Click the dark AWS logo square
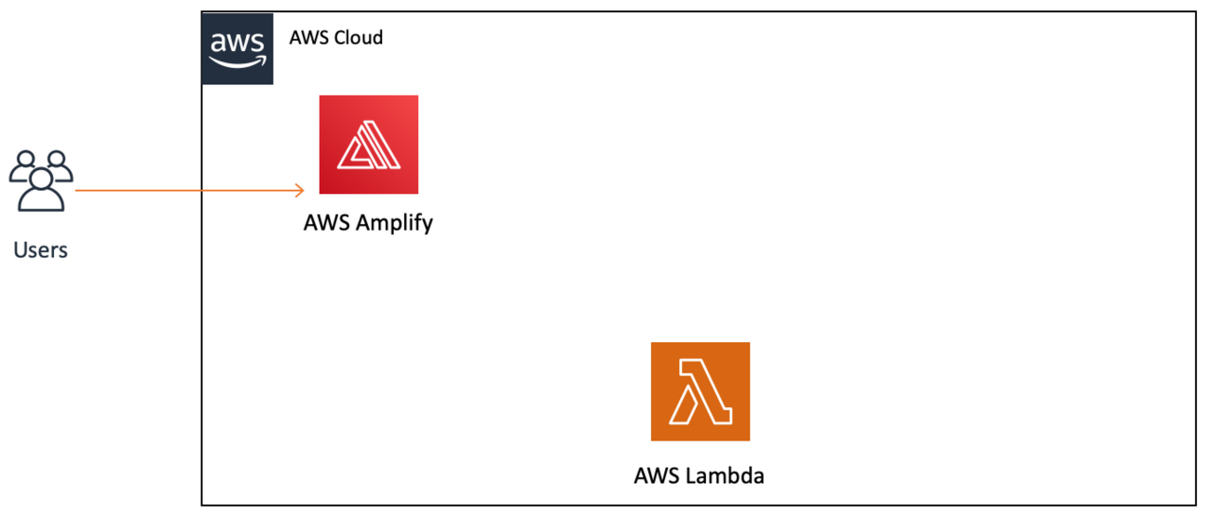click(x=237, y=49)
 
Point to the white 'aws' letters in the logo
click(x=237, y=43)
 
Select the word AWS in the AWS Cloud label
click(x=307, y=39)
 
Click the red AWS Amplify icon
click(x=368, y=145)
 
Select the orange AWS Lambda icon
click(x=700, y=391)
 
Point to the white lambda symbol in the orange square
click(x=700, y=392)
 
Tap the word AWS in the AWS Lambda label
click(x=656, y=475)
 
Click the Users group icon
click(x=41, y=180)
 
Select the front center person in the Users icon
click(x=41, y=189)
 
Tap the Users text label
click(x=41, y=250)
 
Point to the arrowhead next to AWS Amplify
click(x=299, y=191)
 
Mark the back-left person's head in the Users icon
click(x=26, y=158)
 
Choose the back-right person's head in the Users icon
click(x=57, y=158)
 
